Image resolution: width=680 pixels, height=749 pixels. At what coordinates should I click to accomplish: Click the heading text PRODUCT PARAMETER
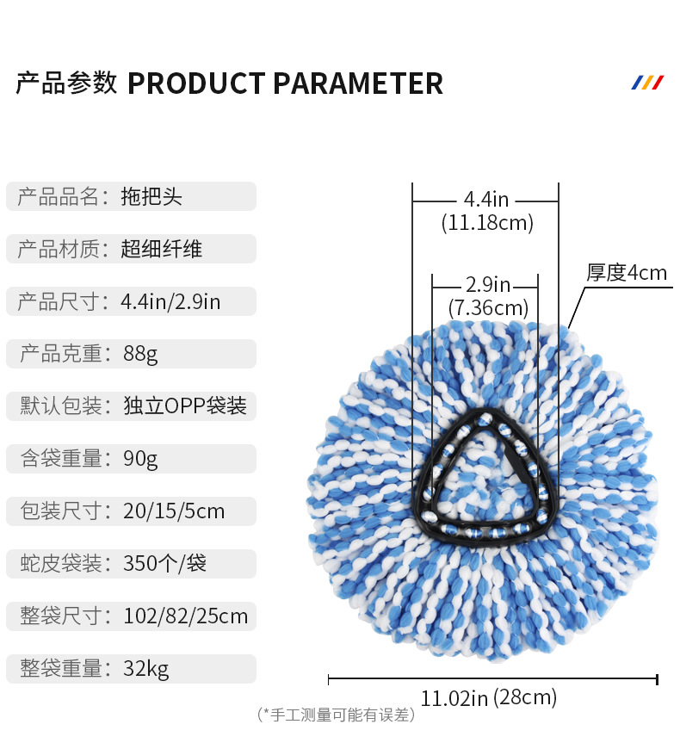click(285, 84)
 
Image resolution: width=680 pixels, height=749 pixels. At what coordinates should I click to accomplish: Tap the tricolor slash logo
click(647, 83)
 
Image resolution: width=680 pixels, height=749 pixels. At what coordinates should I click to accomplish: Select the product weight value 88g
click(140, 354)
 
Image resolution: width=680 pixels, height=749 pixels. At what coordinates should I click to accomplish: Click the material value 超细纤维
click(162, 250)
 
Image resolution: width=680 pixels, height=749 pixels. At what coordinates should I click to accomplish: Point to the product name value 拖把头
click(151, 196)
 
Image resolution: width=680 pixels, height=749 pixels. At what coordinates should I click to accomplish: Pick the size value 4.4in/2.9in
click(170, 302)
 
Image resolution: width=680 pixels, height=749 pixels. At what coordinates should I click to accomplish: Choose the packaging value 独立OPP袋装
click(184, 406)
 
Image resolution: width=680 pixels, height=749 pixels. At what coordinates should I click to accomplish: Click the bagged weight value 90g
click(140, 459)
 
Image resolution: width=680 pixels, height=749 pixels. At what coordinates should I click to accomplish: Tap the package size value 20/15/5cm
click(173, 511)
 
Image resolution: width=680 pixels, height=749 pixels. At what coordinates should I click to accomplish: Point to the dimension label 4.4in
click(486, 200)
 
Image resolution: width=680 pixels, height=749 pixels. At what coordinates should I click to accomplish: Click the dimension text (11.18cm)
click(487, 224)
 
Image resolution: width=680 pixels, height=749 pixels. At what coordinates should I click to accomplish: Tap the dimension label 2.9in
click(487, 284)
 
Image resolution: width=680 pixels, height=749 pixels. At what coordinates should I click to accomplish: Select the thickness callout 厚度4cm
click(627, 273)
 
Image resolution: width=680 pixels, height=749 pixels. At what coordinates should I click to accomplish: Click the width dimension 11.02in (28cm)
click(488, 697)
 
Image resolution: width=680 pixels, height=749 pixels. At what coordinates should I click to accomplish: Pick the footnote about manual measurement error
click(337, 715)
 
